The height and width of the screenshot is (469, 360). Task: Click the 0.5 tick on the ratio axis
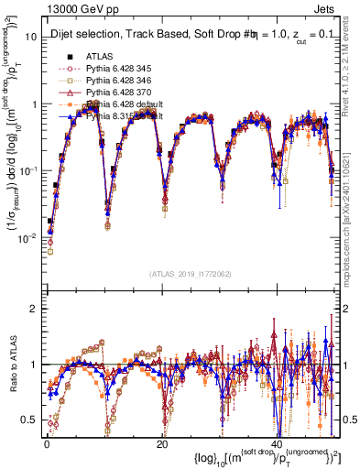tap(32, 420)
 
